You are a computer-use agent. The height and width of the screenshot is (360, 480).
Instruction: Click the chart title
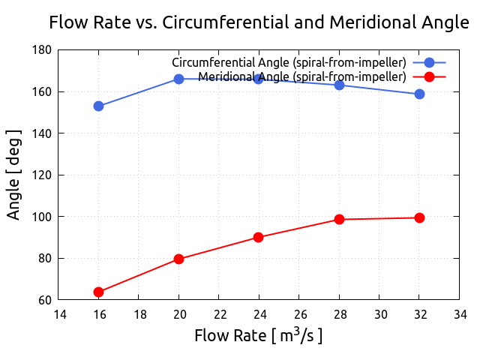tap(259, 22)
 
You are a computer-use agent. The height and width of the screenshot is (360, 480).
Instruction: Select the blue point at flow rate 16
tap(98, 106)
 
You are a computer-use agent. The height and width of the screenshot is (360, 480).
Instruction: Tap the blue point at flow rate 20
tap(178, 79)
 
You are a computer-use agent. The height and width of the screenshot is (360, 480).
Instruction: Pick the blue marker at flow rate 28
tap(339, 85)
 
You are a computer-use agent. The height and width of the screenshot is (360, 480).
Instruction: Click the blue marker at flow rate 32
tap(419, 94)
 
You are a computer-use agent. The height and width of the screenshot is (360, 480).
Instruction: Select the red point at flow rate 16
tap(98, 292)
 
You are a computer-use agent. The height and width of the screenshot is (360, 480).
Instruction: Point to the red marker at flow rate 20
tap(178, 259)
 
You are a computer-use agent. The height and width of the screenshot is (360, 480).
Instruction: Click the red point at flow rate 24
tap(259, 237)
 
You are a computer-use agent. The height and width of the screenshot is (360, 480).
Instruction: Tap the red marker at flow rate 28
tap(339, 219)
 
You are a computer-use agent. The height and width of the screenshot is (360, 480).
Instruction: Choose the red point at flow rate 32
tap(419, 217)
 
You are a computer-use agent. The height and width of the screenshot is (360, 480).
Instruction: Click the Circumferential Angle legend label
tap(289, 61)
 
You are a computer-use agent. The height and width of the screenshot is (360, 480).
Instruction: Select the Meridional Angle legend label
tap(302, 76)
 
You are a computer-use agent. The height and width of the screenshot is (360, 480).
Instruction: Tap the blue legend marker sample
tap(429, 61)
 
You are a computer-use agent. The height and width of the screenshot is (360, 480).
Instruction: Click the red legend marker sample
tap(429, 76)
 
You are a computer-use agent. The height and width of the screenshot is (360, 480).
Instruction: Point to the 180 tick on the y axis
tap(41, 50)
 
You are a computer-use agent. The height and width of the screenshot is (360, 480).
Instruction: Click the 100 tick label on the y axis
tap(41, 217)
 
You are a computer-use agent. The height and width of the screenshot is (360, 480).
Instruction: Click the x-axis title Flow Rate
tap(259, 335)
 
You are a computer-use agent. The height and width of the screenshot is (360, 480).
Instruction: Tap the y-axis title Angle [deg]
tap(14, 175)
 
